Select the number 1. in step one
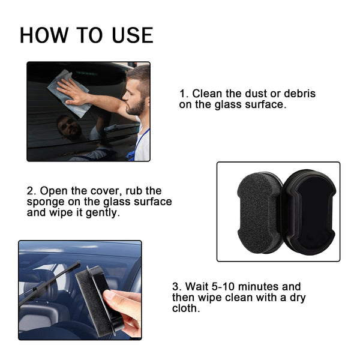pos(184,94)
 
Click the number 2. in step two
pos(31,191)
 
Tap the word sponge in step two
pos(44,202)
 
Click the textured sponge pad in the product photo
pos(256,212)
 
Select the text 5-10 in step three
pos(223,287)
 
